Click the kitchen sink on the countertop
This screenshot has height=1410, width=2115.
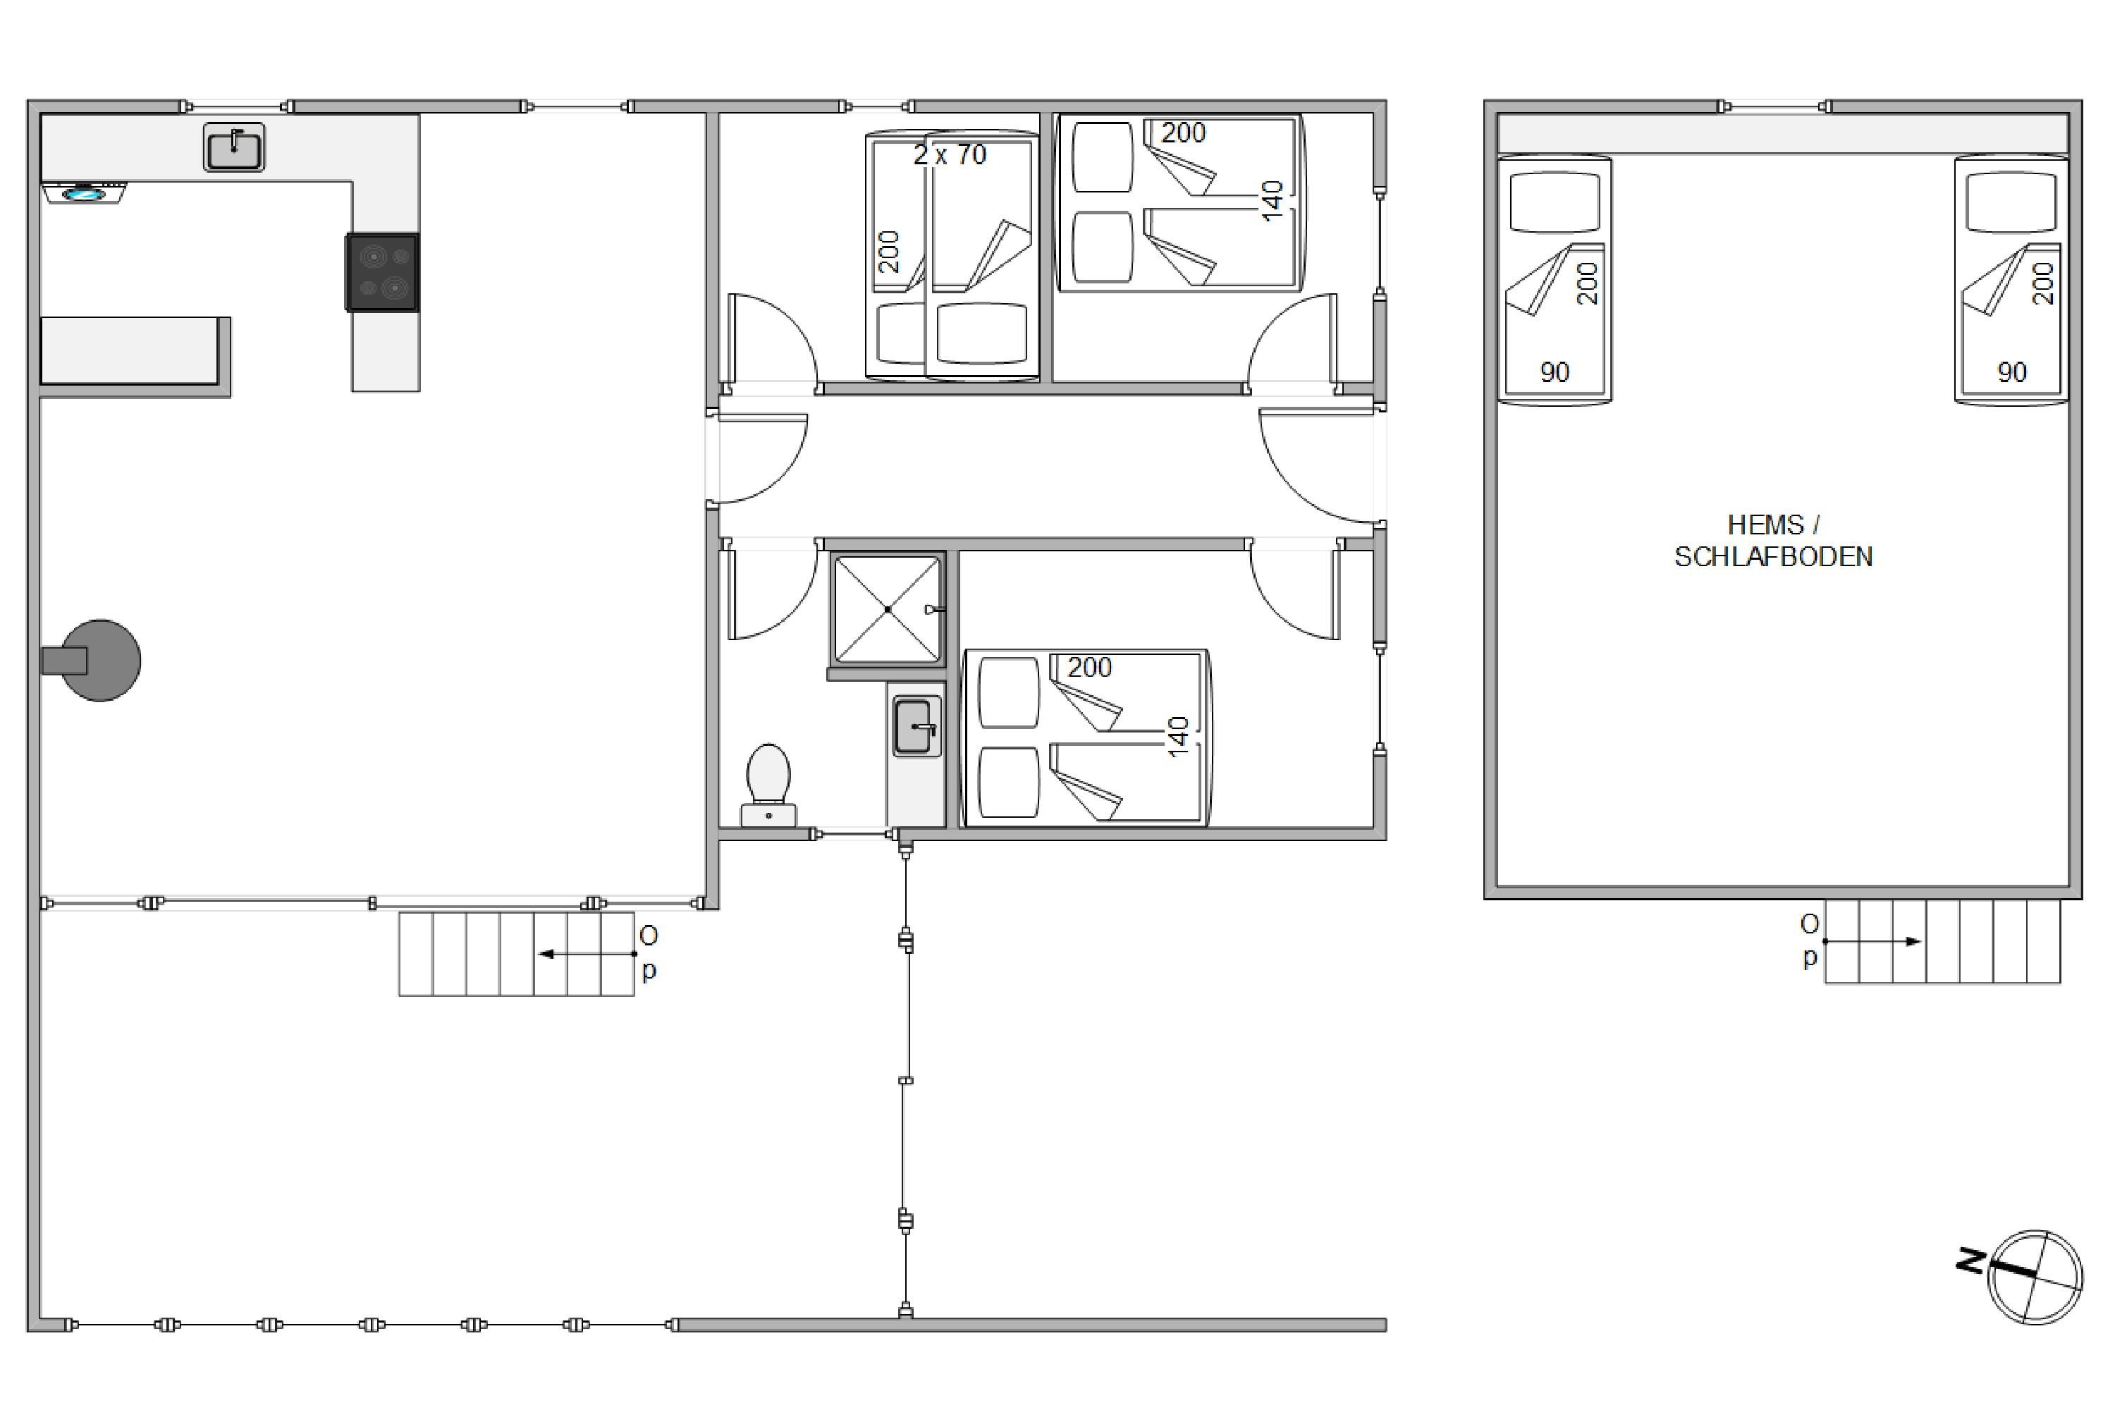(x=234, y=147)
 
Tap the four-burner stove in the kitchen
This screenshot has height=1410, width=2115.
(x=382, y=272)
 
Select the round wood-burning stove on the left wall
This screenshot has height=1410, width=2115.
(x=92, y=660)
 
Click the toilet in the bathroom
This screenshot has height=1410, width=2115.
(x=768, y=785)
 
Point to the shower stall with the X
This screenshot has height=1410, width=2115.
(x=888, y=610)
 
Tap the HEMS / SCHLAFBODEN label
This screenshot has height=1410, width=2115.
(x=1773, y=541)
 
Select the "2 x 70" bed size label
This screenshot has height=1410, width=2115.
(x=950, y=154)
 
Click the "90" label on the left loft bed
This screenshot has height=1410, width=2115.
(x=1555, y=372)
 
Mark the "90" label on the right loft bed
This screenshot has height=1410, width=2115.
(x=2011, y=372)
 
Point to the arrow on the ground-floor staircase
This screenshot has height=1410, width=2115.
(x=587, y=954)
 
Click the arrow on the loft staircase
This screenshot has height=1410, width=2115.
(x=1873, y=941)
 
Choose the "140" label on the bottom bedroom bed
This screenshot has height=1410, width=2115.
(x=1178, y=737)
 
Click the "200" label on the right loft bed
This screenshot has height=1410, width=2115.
(x=2043, y=283)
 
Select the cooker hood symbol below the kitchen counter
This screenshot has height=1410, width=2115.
(x=85, y=192)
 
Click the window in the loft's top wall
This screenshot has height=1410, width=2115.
(x=1774, y=106)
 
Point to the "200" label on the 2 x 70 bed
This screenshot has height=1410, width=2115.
(x=888, y=252)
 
